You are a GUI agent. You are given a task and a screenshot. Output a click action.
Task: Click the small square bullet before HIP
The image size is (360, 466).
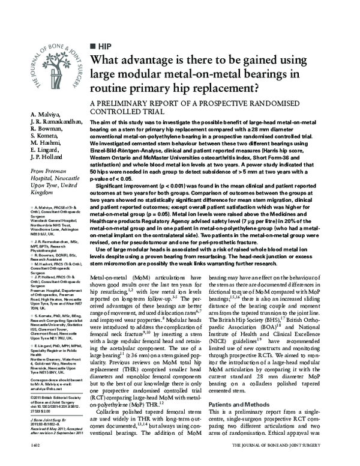(x=92, y=46)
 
